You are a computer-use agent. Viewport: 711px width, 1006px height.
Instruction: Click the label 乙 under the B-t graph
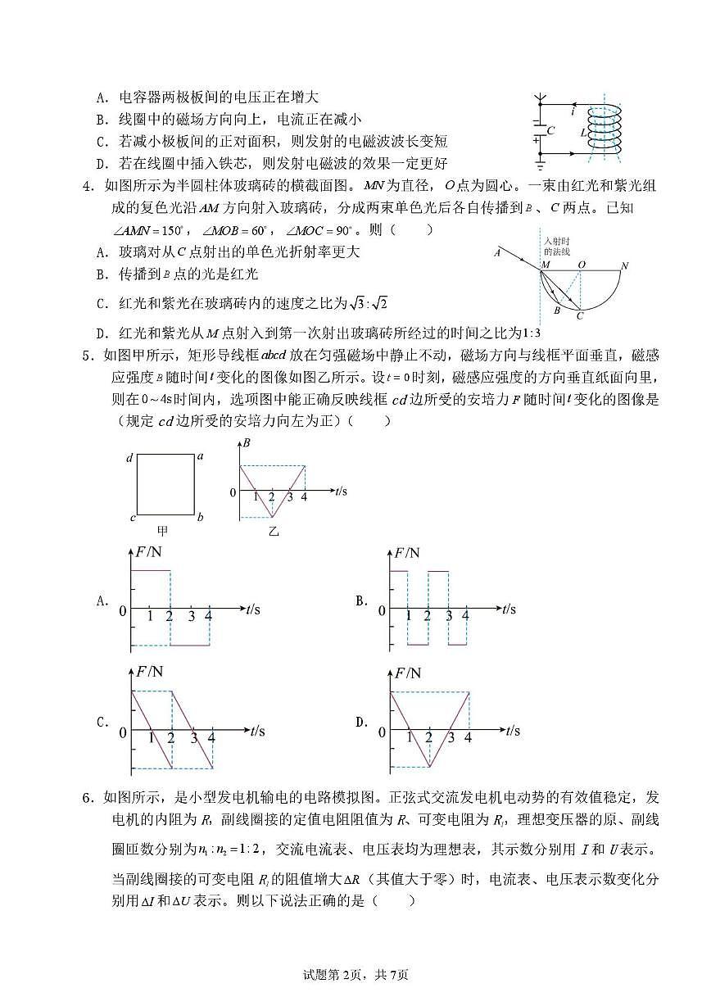point(274,531)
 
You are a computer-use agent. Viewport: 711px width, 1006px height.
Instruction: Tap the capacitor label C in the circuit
point(551,130)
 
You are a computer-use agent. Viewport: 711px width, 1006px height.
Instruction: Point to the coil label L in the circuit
point(582,133)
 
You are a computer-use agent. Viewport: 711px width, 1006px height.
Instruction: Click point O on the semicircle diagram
point(582,265)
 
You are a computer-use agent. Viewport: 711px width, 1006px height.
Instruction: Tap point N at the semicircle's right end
point(624,265)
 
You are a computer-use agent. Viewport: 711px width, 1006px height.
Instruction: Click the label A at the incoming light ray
point(496,253)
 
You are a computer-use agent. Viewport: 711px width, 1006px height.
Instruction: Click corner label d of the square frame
point(129,458)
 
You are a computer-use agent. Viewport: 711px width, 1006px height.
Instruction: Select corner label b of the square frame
point(200,517)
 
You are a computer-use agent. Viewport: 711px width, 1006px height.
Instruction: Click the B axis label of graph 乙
point(247,443)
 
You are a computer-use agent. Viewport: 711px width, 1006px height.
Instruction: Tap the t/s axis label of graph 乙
point(341,491)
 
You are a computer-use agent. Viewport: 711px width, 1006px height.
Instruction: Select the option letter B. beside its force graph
point(361,600)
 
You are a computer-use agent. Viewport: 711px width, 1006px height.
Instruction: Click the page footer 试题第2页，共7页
point(355,974)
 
